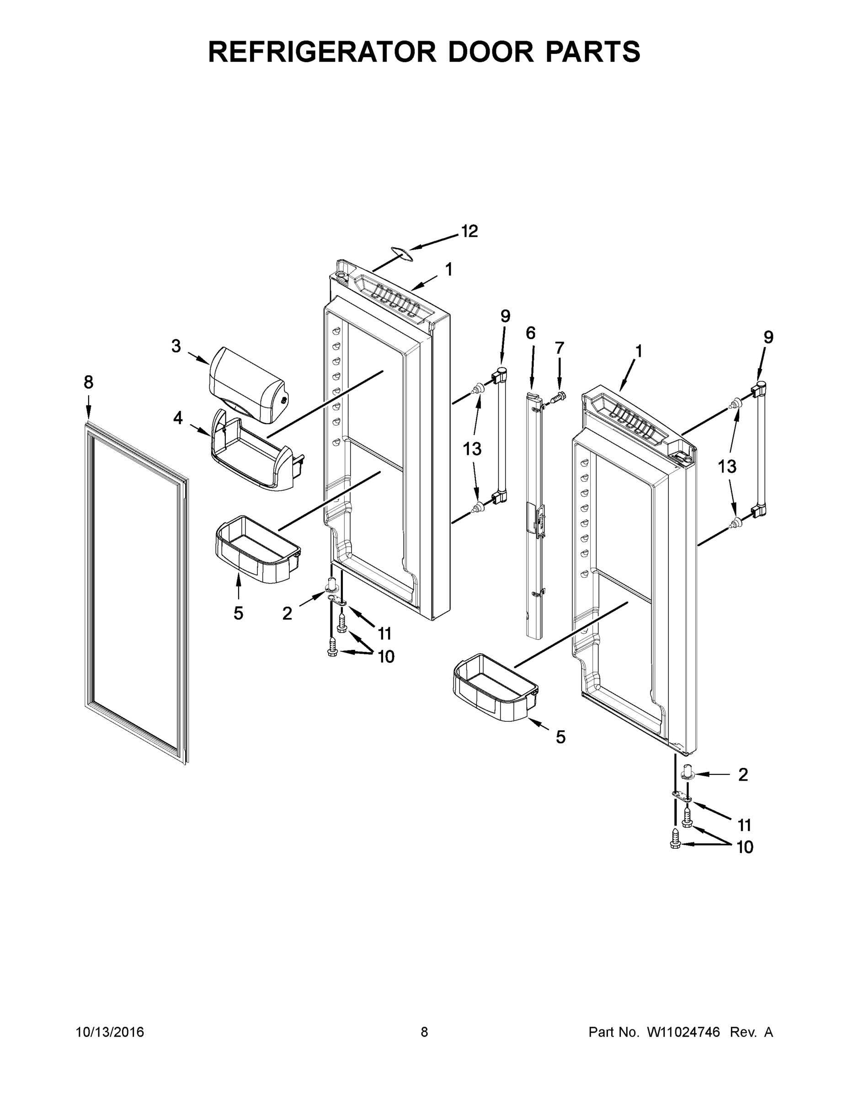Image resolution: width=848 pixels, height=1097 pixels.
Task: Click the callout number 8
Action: click(88, 383)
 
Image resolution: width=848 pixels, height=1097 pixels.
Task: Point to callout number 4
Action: click(178, 418)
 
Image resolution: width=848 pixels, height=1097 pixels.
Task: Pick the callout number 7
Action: click(560, 347)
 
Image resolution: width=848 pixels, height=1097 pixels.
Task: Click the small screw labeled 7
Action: click(557, 397)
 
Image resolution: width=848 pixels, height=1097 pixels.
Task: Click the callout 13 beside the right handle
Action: click(727, 467)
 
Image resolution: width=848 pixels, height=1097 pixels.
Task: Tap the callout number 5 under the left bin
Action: click(238, 613)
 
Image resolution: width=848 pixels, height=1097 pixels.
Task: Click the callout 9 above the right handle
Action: click(768, 337)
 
